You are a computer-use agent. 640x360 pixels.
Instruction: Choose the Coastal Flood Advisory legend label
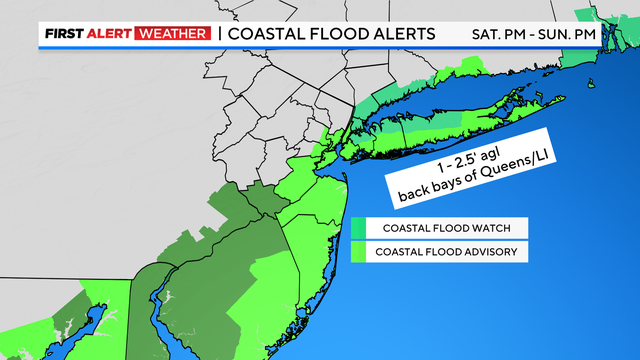[x=446, y=252]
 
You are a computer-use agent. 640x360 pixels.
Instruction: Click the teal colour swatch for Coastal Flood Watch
[x=358, y=228]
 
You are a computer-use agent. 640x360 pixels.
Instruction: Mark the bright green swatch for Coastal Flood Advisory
[x=358, y=252]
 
